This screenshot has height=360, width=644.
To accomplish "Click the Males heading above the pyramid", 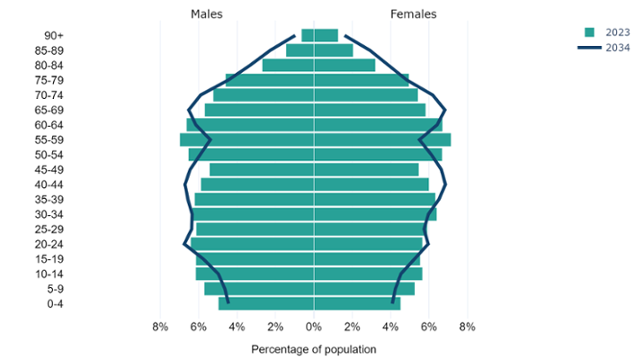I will pos(207,14).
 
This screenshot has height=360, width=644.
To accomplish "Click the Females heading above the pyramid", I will pos(413,14).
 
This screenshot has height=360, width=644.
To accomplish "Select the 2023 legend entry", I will pos(611,31).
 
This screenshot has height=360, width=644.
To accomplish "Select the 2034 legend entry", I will pos(611,47).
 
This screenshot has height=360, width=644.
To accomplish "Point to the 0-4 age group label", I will pos(54,304).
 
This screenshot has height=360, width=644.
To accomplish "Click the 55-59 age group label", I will pos(49,139).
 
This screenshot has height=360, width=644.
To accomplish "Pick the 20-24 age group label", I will pos(49,244).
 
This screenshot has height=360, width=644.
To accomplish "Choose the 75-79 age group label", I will pos(49,80).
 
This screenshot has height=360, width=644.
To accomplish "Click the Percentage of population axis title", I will pos(313,348).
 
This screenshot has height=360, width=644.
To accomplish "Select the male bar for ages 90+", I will pos(307,35).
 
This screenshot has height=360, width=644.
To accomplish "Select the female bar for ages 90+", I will pos(326,35).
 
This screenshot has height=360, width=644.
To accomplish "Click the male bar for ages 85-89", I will pos(300,50).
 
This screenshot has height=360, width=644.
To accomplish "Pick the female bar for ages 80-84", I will pos(344,65).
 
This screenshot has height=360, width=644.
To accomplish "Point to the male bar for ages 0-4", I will pos(266,304).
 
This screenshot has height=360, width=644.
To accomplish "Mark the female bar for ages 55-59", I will pos(382,139).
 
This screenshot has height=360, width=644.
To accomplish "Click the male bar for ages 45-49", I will pos(262,169).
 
